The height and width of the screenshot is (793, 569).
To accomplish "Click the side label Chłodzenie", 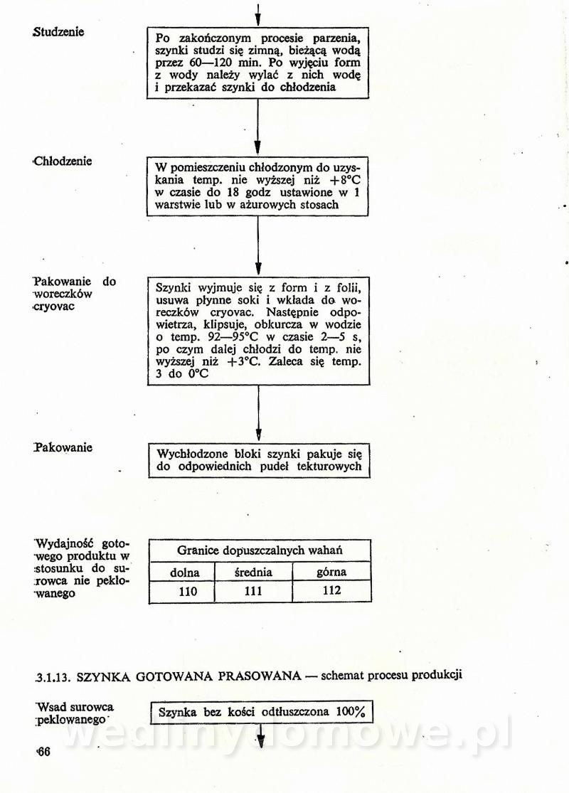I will tap(63, 161).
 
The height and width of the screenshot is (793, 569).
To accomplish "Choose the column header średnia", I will tap(253, 573).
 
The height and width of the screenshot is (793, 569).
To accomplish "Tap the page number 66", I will tap(43, 753).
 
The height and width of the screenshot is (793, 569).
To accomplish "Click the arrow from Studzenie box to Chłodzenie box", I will tap(257, 127).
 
